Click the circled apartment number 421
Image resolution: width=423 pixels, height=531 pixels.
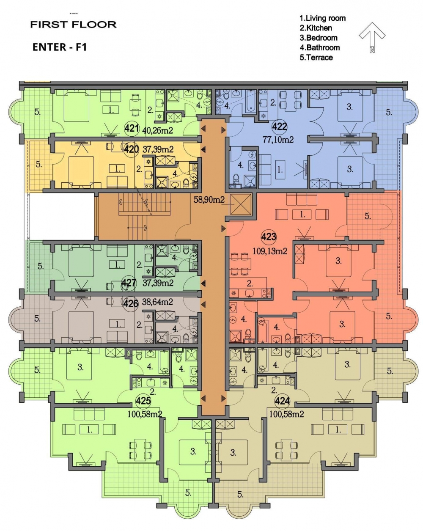click(x=132, y=128)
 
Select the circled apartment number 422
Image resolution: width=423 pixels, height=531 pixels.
click(x=279, y=127)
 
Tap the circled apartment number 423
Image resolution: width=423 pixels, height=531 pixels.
click(x=268, y=237)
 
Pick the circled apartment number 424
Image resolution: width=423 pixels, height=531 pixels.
click(x=282, y=401)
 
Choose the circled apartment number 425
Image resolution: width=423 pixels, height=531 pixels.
click(x=143, y=401)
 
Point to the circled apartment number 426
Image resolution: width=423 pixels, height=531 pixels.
click(x=130, y=303)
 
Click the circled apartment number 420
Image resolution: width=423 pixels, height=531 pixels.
click(x=131, y=149)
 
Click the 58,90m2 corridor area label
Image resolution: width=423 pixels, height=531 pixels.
click(x=209, y=200)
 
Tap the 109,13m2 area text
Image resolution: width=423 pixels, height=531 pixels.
click(x=270, y=251)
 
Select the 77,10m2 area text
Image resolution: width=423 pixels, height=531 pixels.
click(x=278, y=140)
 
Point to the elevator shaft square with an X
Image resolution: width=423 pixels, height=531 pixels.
click(x=241, y=204)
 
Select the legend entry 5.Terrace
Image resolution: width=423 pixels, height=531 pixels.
click(x=316, y=58)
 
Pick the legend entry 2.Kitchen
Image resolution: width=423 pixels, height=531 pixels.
click(x=316, y=28)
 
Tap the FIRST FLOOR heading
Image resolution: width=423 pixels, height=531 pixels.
click(x=73, y=25)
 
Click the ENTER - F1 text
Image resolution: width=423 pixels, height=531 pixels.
click(x=60, y=47)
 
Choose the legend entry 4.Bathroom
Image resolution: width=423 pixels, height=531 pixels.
click(x=320, y=48)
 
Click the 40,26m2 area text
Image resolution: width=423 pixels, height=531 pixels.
click(x=158, y=130)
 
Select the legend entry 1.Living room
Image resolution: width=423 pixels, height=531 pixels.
click(x=323, y=18)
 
